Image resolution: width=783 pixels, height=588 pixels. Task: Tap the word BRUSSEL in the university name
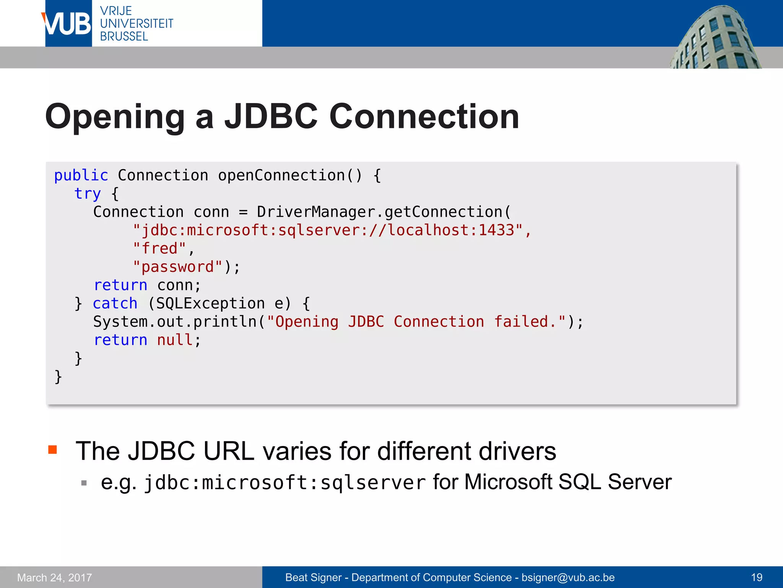[x=124, y=36]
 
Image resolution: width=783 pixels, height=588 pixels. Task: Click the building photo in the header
[x=715, y=38]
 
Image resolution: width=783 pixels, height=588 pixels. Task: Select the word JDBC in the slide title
[x=271, y=116]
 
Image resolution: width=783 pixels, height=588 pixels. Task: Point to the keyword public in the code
[x=81, y=175]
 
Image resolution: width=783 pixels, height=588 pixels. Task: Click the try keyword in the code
[x=88, y=194]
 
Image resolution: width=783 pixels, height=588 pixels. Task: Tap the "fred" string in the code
[x=159, y=248]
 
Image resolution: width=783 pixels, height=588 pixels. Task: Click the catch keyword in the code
[x=115, y=304]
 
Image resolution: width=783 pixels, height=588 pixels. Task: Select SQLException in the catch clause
[x=210, y=304]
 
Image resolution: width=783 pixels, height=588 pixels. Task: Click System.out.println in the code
[x=175, y=322]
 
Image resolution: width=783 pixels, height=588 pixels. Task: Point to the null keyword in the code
[x=175, y=340]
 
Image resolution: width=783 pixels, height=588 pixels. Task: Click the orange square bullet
[x=53, y=449]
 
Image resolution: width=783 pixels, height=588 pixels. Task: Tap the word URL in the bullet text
[x=229, y=451]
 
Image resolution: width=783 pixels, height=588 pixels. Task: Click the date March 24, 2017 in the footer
[x=55, y=577]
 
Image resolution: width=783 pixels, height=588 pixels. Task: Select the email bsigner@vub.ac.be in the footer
[x=568, y=577]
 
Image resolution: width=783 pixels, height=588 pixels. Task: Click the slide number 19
[x=757, y=577]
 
